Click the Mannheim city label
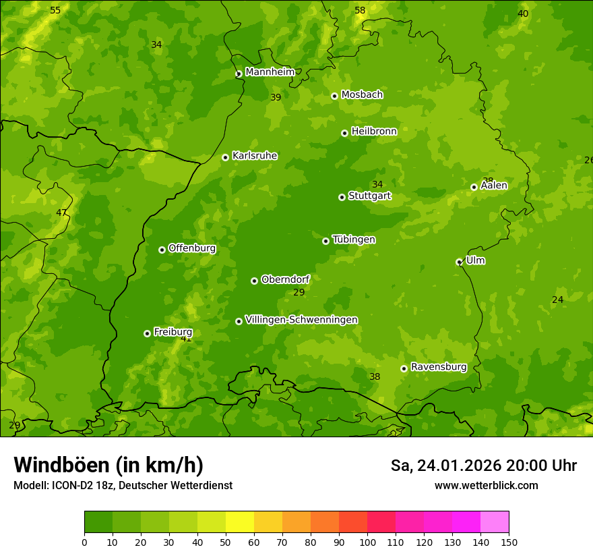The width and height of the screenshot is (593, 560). pos(270,72)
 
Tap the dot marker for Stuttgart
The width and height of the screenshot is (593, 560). pos(342,197)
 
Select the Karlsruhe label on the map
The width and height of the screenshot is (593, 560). pos(254,156)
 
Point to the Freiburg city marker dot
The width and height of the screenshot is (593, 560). pos(147,333)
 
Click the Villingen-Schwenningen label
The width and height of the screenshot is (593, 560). pos(301,320)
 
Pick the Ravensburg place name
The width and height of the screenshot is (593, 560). pos(438,367)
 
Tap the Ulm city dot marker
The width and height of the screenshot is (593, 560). pos(459,262)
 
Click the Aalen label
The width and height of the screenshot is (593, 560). pos(493,186)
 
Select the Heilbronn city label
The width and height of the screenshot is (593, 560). pos(374,132)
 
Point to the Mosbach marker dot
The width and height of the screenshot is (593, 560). pos(334,96)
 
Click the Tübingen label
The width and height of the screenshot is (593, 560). pos(354,240)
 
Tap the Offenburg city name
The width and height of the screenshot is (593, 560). pos(192,248)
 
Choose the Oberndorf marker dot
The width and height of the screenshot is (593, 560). pos(254,281)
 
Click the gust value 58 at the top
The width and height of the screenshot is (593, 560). pos(360,10)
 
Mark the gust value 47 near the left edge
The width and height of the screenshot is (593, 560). pos(61,213)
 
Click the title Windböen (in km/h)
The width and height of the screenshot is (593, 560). pos(108,465)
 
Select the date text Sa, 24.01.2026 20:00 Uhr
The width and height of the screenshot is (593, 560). pos(483,466)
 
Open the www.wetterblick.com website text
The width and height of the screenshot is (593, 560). pos(486,486)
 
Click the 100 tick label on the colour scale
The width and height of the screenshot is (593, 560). pos(367,542)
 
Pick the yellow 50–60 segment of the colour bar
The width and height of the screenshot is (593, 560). pos(240,522)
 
